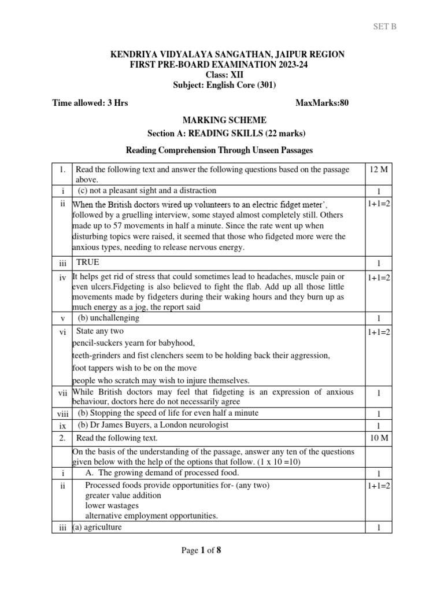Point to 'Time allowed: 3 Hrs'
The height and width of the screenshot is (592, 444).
(x=90, y=103)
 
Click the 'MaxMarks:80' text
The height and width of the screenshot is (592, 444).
(x=322, y=103)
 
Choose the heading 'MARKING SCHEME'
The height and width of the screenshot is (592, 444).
(x=225, y=120)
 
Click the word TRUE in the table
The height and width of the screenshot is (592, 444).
(x=88, y=262)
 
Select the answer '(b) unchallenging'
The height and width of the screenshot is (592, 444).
(x=109, y=318)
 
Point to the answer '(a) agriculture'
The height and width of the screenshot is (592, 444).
(x=97, y=527)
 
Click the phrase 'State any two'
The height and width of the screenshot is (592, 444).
(x=101, y=331)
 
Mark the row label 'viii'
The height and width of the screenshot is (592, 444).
(x=62, y=414)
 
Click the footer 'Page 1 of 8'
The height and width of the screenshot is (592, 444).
(x=201, y=550)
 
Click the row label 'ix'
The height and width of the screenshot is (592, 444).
(x=62, y=425)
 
